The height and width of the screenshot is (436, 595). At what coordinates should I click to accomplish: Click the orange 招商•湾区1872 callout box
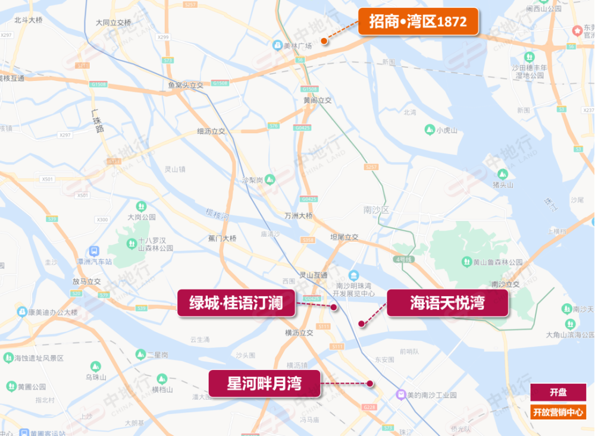[418, 22]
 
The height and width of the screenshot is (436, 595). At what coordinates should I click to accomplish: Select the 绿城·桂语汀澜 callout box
[236, 304]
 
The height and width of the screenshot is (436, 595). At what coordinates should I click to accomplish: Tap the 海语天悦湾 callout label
[447, 303]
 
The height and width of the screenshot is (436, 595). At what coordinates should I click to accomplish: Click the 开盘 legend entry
[558, 392]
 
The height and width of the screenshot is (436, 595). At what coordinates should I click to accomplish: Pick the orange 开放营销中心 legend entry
[558, 412]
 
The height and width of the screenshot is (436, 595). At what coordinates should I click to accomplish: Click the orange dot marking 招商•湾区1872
[324, 41]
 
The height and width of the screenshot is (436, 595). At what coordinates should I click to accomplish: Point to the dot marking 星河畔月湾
[369, 384]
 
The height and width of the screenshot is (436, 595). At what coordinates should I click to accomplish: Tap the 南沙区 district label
[375, 210]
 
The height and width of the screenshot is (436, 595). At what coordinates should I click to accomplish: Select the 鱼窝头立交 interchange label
[186, 85]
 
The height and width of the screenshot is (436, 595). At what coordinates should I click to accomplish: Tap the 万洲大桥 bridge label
[298, 215]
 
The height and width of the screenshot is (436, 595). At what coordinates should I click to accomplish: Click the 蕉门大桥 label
[222, 239]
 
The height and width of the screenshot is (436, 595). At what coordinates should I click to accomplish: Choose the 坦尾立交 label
[345, 237]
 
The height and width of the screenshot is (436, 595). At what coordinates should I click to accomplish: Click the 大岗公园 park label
[142, 217]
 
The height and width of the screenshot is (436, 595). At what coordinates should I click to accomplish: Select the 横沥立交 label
[299, 333]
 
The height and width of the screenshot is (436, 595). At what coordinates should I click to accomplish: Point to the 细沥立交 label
[211, 131]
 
